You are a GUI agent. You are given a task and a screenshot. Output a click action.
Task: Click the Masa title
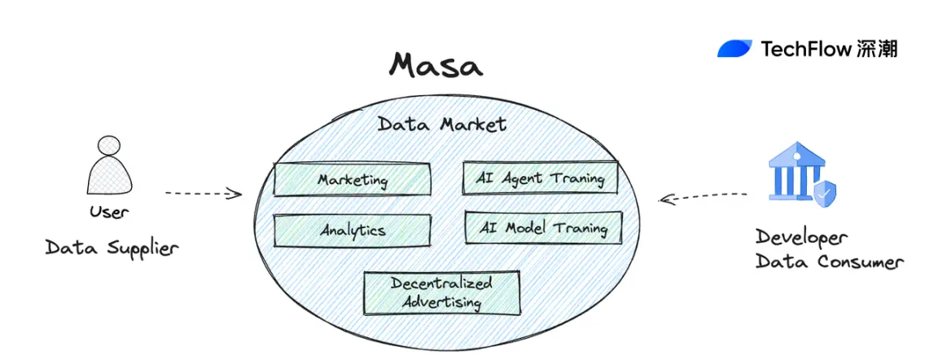click(x=436, y=65)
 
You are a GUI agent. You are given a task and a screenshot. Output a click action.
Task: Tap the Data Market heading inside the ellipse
click(x=442, y=125)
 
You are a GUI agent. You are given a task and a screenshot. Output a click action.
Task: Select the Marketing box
click(x=353, y=180)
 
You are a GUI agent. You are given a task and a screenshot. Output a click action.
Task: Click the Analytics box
click(x=352, y=230)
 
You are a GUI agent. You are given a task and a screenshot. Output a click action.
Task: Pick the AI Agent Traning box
click(x=540, y=178)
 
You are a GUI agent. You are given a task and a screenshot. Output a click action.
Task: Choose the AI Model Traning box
click(x=543, y=227)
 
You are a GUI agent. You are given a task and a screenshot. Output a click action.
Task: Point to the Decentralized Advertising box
click(x=441, y=293)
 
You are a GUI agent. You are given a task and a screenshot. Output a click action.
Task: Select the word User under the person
click(x=109, y=213)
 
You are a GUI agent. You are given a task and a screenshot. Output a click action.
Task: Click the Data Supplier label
click(x=111, y=247)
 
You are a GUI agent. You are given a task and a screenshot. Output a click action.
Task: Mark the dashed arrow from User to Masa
click(x=204, y=194)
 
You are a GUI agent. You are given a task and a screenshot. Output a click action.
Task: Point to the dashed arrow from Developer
click(x=702, y=196)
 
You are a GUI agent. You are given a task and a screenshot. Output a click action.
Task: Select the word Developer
click(x=801, y=237)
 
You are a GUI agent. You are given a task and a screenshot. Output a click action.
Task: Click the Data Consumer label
click(x=829, y=262)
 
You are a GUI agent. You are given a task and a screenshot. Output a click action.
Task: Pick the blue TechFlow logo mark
click(x=734, y=49)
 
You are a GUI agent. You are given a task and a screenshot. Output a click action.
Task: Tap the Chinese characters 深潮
click(x=877, y=49)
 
